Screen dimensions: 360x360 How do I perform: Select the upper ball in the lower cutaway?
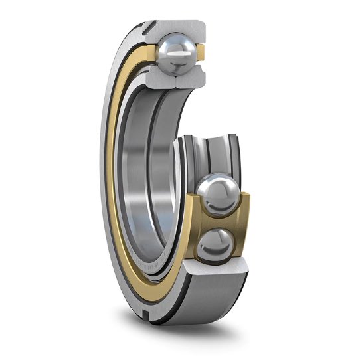(221, 195)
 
